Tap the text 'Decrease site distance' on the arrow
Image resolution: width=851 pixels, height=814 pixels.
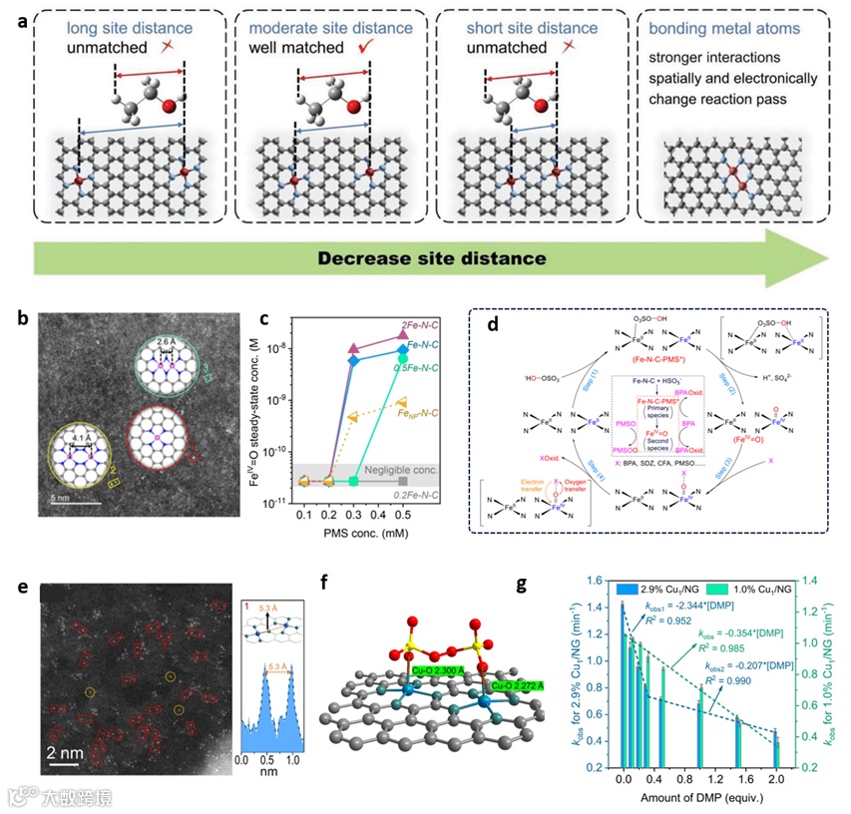click(x=431, y=257)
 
